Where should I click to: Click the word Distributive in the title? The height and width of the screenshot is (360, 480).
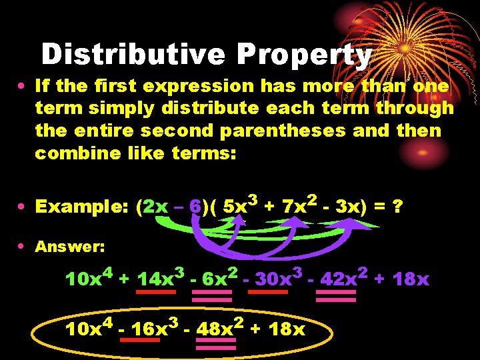tap(132, 55)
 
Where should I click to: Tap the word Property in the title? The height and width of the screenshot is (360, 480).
tap(301, 55)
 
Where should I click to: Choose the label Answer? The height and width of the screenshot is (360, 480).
tap(70, 247)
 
